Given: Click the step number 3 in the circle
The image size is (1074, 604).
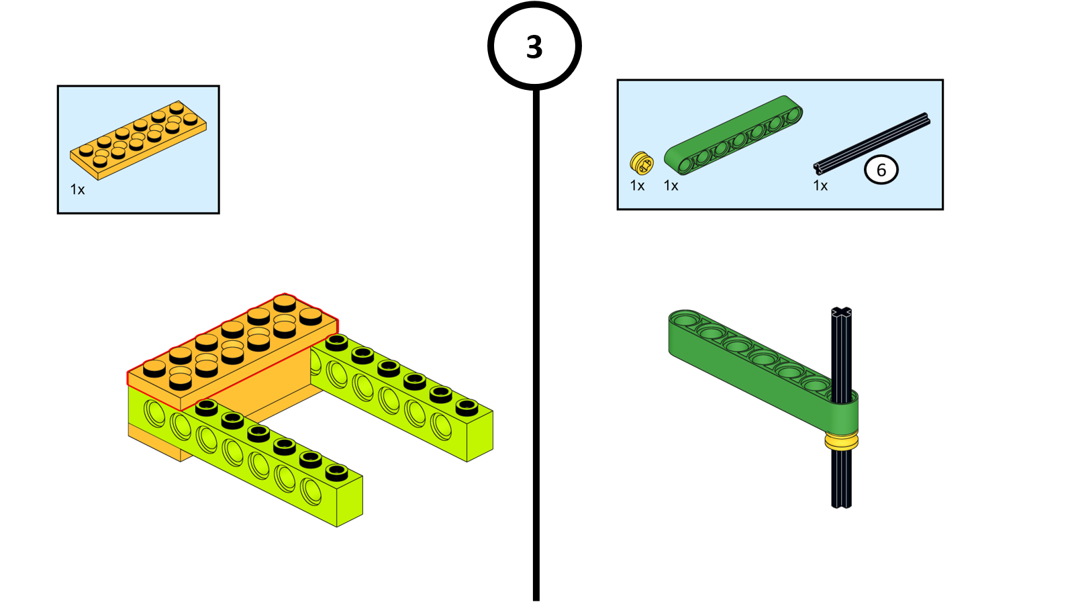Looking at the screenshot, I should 534,47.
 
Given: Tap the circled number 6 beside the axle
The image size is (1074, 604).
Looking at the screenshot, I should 881,170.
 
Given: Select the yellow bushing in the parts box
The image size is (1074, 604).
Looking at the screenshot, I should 641,163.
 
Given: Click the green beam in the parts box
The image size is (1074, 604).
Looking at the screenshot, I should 733,134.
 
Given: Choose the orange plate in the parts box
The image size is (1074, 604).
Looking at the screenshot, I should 138,140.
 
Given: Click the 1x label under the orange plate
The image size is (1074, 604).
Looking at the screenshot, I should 78,190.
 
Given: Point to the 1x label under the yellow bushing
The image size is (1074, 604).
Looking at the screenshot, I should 637,186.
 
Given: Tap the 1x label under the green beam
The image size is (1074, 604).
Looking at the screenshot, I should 671,186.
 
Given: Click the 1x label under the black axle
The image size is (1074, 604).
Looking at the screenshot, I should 820,186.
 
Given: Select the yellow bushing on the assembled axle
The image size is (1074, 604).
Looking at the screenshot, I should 842,441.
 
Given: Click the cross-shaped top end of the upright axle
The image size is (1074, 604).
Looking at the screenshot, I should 841,313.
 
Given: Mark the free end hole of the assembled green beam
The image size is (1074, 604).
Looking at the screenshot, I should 685,319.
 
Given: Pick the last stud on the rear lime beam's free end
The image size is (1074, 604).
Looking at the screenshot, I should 467,407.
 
